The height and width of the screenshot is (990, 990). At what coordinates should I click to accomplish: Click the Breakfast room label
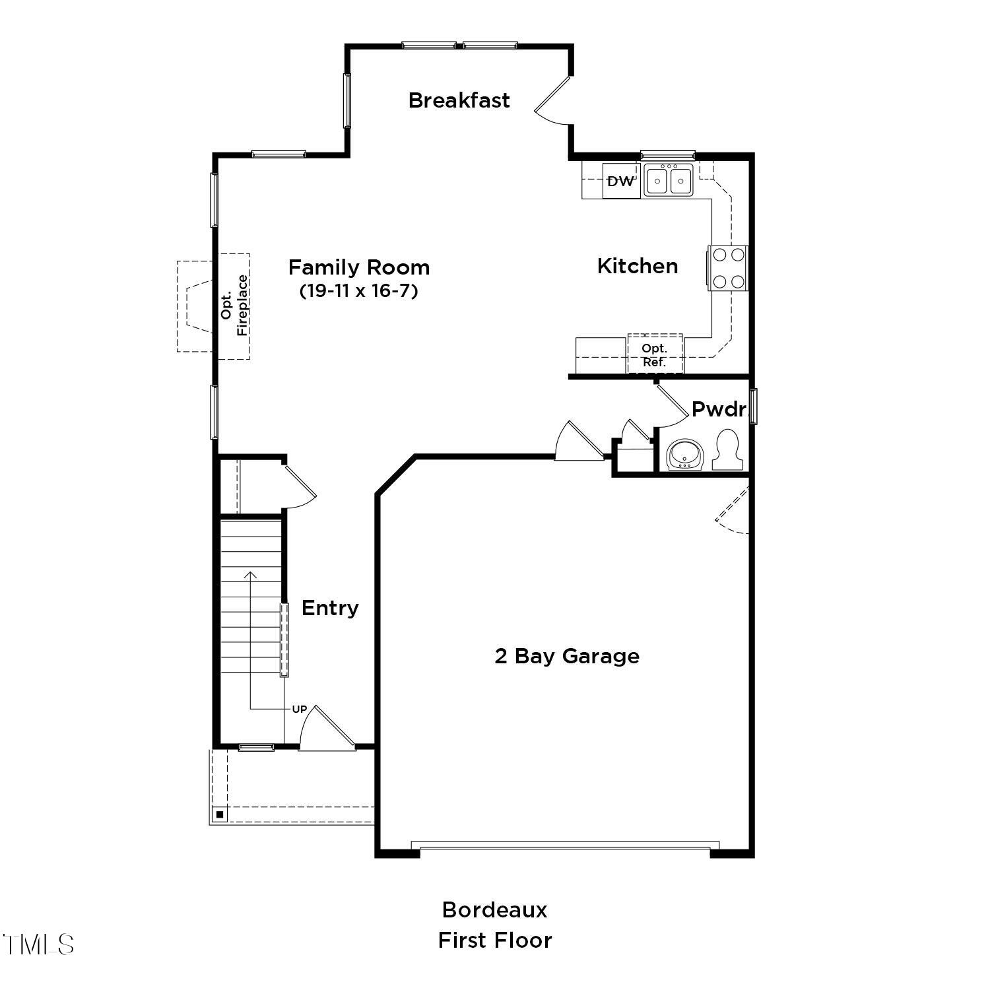click(x=459, y=100)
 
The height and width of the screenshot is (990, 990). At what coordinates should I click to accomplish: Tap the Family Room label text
click(x=359, y=267)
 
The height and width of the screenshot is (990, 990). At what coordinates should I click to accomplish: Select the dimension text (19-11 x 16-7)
click(x=359, y=290)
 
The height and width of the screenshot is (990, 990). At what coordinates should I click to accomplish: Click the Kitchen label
click(x=638, y=266)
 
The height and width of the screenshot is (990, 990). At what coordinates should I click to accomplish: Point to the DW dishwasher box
click(x=620, y=181)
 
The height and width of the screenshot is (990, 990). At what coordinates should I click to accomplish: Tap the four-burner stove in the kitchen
click(x=729, y=268)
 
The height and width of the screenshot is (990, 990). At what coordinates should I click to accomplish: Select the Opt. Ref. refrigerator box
click(x=655, y=355)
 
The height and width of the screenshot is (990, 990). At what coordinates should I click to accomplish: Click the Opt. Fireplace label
click(x=235, y=306)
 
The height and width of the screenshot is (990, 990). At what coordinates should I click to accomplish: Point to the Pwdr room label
click(x=718, y=409)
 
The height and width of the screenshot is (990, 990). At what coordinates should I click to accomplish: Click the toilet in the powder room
click(x=728, y=450)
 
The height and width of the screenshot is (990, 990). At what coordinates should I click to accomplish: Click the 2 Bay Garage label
click(x=567, y=656)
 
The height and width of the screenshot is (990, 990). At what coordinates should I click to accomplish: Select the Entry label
click(x=330, y=608)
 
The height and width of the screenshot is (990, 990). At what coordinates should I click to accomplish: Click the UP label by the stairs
click(x=299, y=709)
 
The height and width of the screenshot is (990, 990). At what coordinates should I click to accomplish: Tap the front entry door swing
click(x=327, y=729)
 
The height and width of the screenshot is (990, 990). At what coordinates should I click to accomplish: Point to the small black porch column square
click(x=220, y=814)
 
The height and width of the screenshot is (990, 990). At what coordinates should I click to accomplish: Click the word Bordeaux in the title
click(x=494, y=909)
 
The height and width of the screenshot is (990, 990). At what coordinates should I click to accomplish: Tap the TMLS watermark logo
click(x=38, y=944)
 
